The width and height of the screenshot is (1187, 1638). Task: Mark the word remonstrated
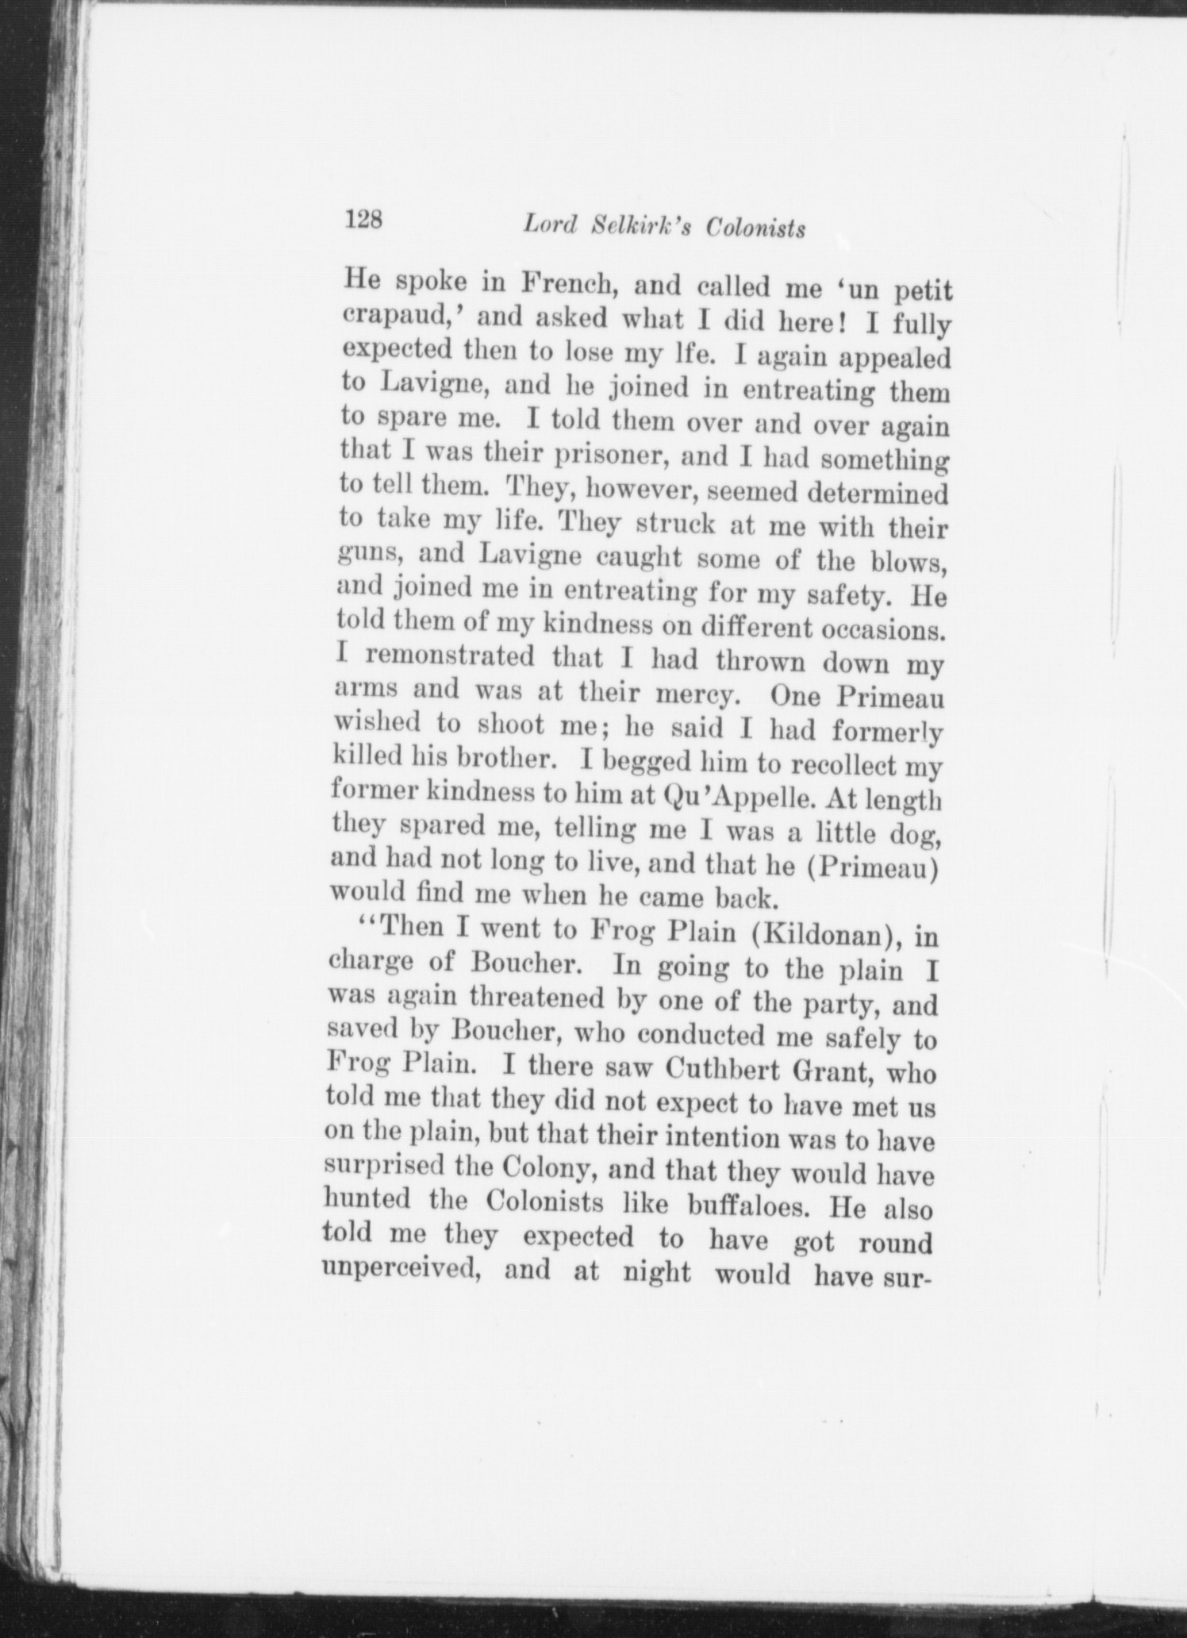[x=451, y=657]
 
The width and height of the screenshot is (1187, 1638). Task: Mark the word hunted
[x=367, y=1200]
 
